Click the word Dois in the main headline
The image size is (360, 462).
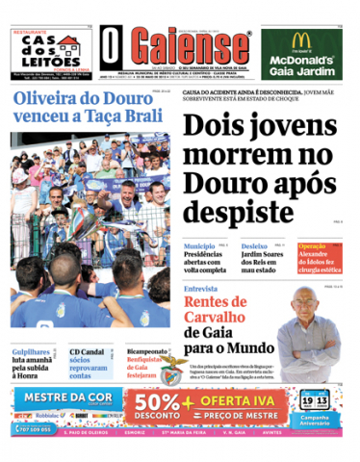click(213, 128)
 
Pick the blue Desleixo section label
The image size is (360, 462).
click(254, 246)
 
